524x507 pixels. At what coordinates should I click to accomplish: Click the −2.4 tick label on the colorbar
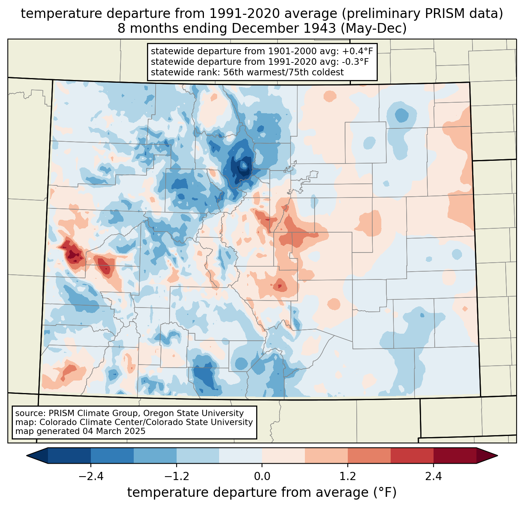click(91, 476)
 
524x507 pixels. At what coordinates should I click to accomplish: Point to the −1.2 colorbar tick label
click(177, 476)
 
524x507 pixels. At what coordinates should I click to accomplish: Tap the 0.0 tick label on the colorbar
click(262, 476)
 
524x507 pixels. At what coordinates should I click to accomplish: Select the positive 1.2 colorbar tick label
click(348, 476)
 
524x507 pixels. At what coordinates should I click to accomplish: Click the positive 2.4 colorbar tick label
click(434, 476)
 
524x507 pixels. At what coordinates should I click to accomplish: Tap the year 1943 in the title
click(320, 28)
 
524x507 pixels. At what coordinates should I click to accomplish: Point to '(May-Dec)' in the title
click(374, 28)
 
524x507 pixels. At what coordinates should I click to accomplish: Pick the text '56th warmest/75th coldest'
click(283, 72)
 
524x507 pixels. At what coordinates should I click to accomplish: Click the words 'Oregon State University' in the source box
click(193, 413)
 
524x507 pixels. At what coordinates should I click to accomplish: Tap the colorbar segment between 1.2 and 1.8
click(369, 456)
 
